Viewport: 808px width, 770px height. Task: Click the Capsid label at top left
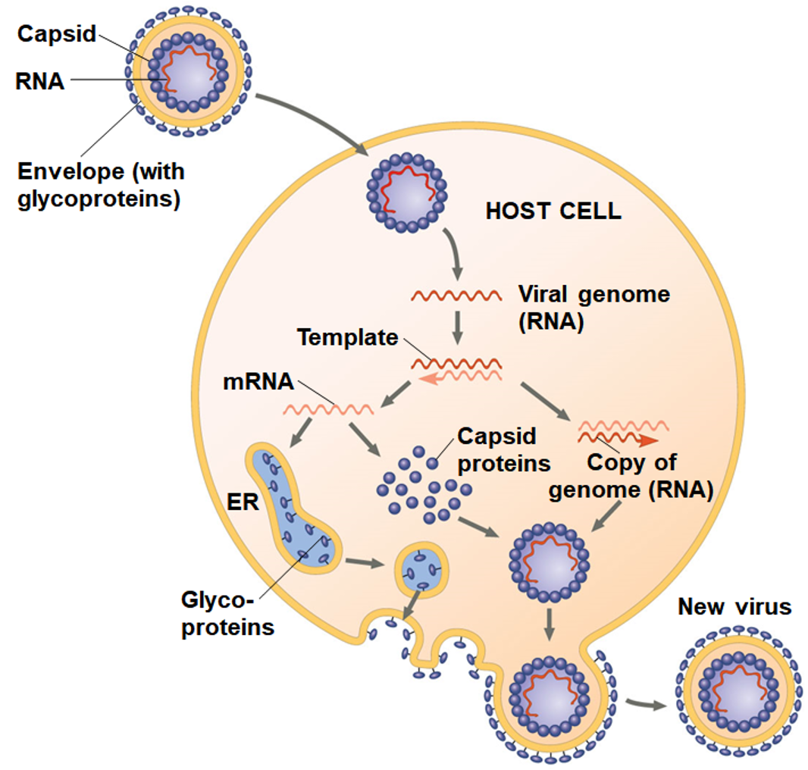click(x=58, y=34)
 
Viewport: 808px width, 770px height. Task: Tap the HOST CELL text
click(x=553, y=211)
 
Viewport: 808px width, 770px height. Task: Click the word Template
click(x=347, y=337)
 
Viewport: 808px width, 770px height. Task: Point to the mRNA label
click(x=258, y=381)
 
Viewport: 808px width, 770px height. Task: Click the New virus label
click(x=734, y=606)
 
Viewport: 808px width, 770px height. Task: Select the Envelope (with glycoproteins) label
click(x=101, y=186)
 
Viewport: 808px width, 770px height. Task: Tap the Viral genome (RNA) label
click(x=593, y=307)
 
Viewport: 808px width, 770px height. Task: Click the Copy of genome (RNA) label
click(x=631, y=476)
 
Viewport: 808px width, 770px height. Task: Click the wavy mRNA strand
click(x=328, y=410)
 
